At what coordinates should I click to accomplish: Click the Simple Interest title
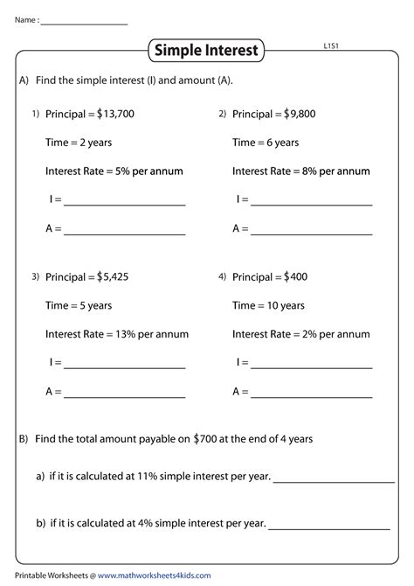click(x=206, y=51)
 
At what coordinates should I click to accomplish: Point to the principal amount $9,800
click(x=300, y=114)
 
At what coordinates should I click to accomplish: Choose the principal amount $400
click(x=294, y=277)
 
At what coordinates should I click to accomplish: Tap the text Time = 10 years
click(x=268, y=306)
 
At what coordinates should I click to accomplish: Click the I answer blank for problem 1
click(x=124, y=204)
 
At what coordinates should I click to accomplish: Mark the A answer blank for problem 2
click(x=311, y=233)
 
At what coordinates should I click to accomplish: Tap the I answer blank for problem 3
click(x=124, y=367)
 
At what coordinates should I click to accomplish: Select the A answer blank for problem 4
click(x=311, y=396)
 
